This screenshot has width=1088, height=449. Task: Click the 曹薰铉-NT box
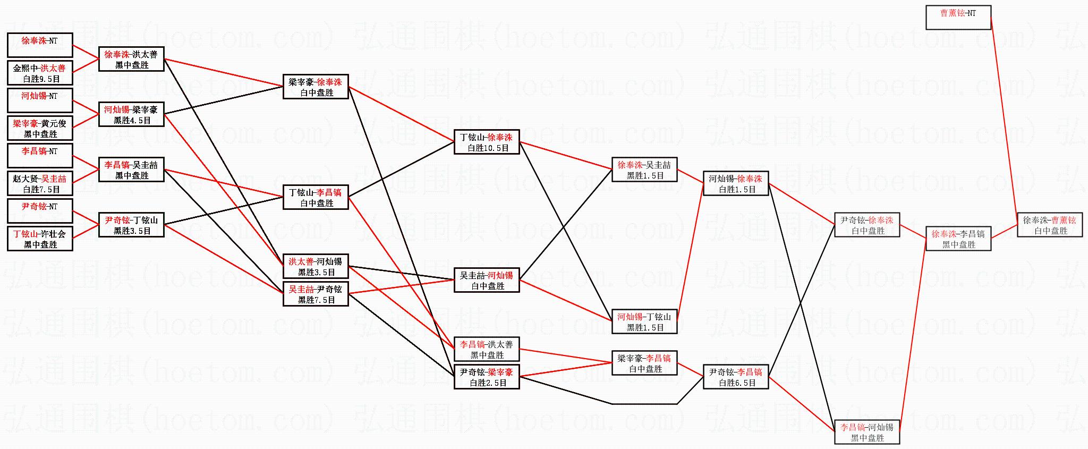point(958,18)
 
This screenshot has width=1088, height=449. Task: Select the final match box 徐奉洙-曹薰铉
point(1050,225)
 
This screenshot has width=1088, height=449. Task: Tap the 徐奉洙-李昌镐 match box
point(958,239)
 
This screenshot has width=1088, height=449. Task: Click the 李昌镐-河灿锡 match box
point(867,433)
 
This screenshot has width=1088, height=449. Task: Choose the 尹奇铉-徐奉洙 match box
point(867,225)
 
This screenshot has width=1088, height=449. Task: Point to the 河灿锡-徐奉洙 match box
point(736,184)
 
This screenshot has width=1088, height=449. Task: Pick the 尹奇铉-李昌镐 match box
point(736,377)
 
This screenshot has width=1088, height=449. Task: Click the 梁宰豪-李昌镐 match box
point(644,363)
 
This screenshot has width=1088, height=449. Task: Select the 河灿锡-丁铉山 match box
point(644,322)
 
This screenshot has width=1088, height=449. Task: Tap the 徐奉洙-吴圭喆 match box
point(644,170)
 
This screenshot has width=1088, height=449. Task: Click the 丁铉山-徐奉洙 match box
point(487,142)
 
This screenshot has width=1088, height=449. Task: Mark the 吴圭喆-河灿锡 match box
point(487,281)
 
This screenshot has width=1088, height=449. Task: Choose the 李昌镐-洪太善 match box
point(487,350)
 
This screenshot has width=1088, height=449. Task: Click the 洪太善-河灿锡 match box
point(316,267)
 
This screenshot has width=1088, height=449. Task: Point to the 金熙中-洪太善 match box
point(40,73)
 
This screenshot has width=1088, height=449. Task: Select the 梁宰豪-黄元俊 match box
point(40,129)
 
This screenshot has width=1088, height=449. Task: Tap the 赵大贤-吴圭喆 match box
point(40,184)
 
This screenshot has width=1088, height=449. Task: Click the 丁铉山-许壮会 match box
point(40,239)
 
